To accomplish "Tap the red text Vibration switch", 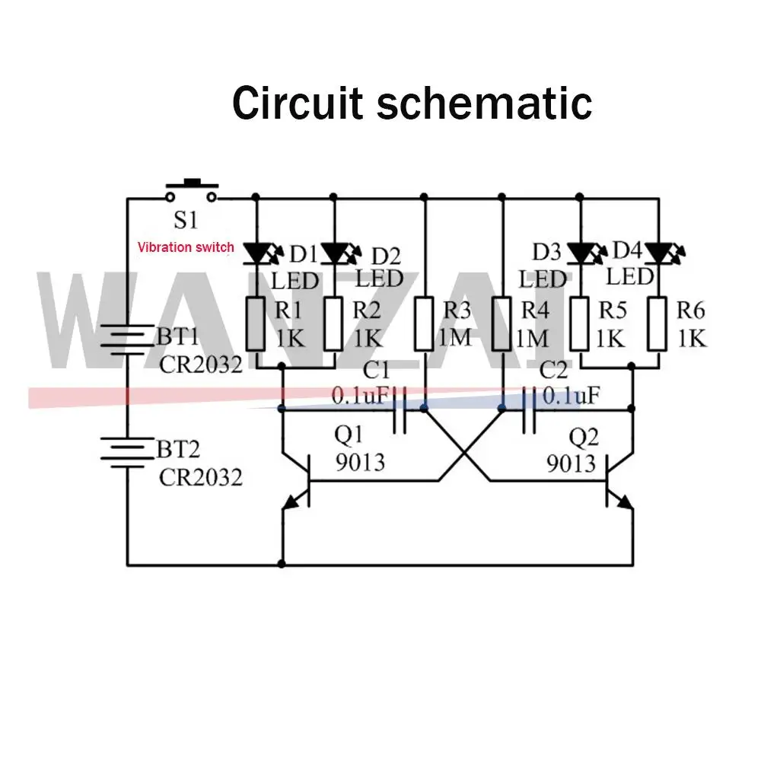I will [x=186, y=247].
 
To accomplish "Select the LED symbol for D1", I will [x=259, y=251].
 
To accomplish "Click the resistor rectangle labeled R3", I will [x=425, y=323].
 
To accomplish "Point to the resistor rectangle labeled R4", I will [x=502, y=323].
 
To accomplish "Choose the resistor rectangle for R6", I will [x=659, y=323].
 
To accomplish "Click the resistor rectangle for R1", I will [x=258, y=323].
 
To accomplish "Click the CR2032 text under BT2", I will [x=201, y=477].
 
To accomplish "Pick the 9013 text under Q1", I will [x=360, y=461].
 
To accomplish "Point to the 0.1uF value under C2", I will [x=571, y=396].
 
